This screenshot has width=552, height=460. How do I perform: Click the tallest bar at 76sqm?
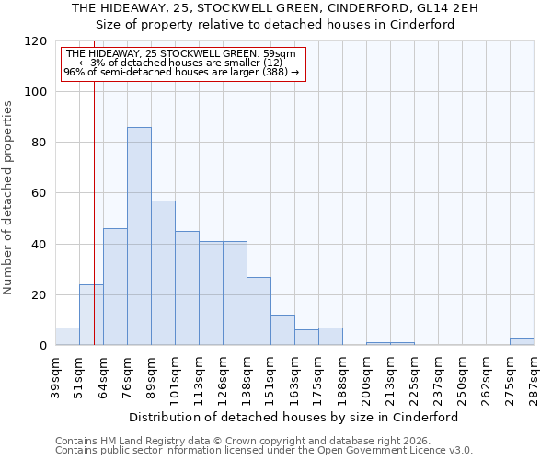139,236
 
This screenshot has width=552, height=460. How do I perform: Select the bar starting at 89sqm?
163,272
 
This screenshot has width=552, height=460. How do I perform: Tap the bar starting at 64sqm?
115,286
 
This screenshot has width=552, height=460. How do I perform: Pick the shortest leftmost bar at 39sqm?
67,337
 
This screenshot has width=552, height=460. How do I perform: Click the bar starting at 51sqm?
91,315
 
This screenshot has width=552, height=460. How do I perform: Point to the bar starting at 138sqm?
259,311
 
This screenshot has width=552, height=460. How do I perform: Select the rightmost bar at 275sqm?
522,341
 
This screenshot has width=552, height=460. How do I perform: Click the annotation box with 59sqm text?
181,63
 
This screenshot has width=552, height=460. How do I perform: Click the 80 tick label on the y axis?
40,143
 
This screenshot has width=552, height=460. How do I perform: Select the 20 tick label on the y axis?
40,295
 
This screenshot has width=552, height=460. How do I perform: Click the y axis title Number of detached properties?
9,198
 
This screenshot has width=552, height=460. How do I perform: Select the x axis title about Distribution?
293,417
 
